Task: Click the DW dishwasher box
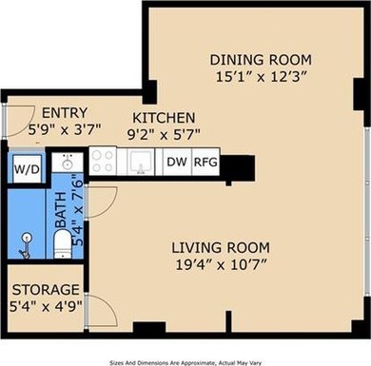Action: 176,163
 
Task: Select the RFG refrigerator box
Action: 205,163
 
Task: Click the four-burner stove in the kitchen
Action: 102,163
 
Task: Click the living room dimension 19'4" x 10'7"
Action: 236,269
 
